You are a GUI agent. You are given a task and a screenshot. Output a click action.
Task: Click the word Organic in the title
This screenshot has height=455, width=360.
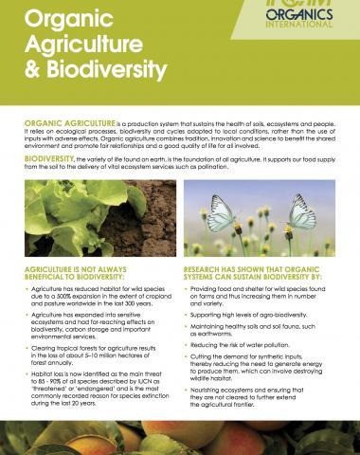tap(63, 18)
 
